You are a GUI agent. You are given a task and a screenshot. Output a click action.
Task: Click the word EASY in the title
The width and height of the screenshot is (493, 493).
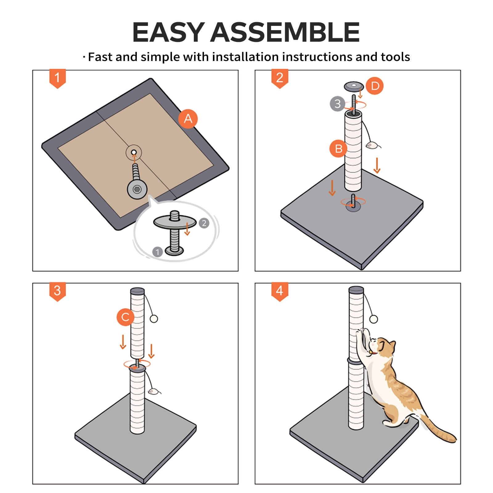[168, 32]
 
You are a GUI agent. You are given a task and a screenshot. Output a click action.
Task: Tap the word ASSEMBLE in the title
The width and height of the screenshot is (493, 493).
[285, 32]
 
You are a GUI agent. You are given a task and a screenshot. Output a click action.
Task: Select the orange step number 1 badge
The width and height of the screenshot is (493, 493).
[58, 79]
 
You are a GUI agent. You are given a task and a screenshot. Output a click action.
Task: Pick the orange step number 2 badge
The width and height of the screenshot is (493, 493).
[280, 79]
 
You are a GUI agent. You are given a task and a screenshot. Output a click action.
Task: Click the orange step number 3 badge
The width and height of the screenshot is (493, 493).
[58, 291]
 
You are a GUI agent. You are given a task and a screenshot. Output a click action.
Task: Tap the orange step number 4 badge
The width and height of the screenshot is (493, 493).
[280, 291]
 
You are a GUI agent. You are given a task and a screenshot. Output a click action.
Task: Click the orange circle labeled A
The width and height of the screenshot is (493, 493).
[188, 119]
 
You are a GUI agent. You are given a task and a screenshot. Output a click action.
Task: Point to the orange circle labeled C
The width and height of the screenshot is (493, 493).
[125, 317]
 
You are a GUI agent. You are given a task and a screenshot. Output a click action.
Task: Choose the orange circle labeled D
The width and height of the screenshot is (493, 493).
[375, 86]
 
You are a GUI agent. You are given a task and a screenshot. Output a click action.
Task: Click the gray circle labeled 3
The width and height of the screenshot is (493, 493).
[337, 104]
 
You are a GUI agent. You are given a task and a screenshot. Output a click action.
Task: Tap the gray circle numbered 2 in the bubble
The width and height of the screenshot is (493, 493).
[204, 223]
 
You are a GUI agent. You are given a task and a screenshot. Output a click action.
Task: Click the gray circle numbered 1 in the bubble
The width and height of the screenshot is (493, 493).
[157, 252]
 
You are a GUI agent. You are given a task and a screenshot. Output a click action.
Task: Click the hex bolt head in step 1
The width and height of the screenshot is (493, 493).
[137, 189]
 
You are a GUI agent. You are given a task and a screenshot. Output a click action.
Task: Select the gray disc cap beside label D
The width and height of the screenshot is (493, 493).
[354, 86]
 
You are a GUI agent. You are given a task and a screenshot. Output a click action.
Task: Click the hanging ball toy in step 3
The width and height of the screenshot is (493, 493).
[154, 319]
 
